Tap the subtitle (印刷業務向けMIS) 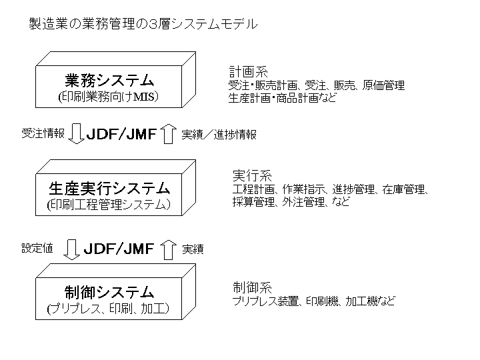click(109, 98)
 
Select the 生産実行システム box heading click(109, 187)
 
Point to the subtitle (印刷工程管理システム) click(109, 205)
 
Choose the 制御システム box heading click(109, 292)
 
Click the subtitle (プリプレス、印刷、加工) click(109, 309)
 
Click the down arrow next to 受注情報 click(75, 133)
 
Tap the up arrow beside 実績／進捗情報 click(169, 134)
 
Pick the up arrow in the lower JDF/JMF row click(168, 249)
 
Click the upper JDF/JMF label click(122, 133)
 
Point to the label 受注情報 click(43, 133)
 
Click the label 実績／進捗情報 click(219, 134)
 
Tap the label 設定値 click(37, 249)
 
